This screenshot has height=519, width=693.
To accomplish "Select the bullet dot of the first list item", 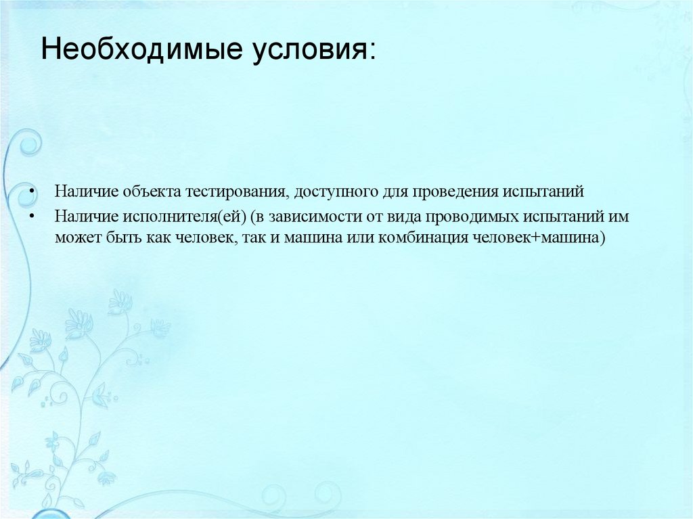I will [x=32, y=192].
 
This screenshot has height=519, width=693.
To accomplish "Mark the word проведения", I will [x=447, y=192].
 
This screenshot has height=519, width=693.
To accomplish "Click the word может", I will [x=76, y=239].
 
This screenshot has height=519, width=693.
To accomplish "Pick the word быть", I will [x=121, y=239].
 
